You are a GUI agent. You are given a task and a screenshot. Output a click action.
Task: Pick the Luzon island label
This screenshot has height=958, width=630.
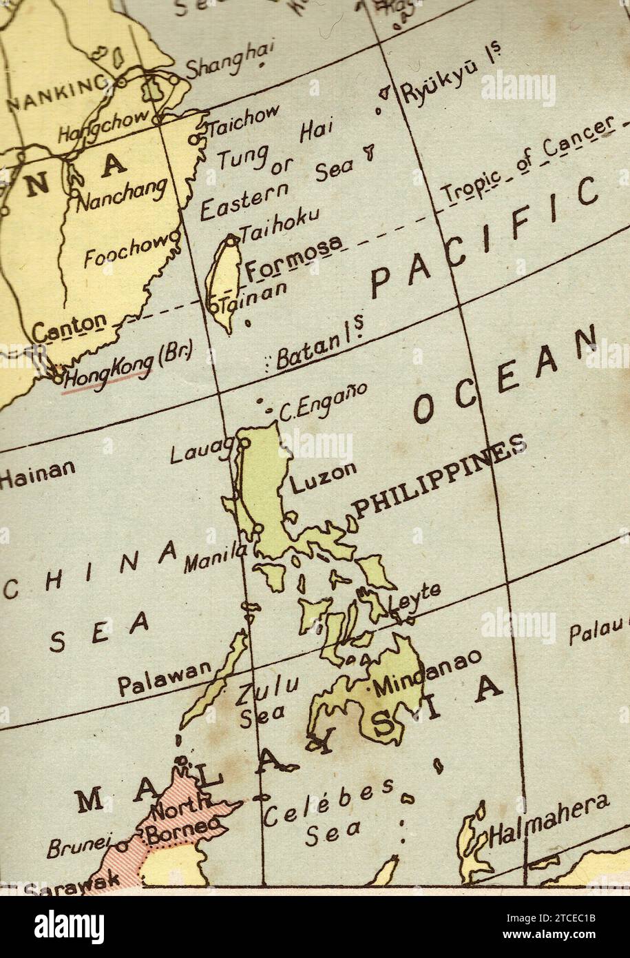[x=323, y=477]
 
